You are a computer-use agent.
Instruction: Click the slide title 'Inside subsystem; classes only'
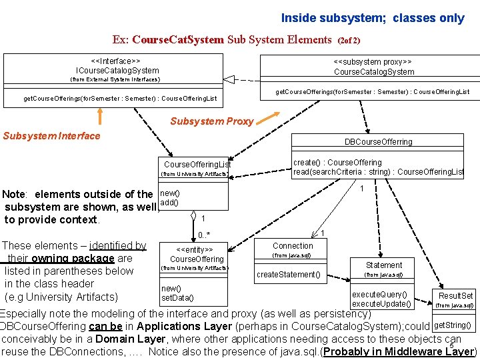pos(372,18)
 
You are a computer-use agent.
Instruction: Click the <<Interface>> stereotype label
pos(117,60)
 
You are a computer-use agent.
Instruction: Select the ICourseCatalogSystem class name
pos(117,70)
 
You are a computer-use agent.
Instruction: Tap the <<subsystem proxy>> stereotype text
pos(373,61)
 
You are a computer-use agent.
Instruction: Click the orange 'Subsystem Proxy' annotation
pos(211,121)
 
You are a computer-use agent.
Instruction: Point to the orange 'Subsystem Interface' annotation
pos(51,136)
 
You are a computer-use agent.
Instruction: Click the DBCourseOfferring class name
pos(378,141)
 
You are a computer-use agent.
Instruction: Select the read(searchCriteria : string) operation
pos(379,172)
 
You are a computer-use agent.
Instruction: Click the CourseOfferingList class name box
pos(197,165)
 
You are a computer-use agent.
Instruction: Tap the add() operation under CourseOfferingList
pos(169,202)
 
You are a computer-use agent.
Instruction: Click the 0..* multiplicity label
pos(204,235)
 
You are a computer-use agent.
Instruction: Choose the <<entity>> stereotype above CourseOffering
pos(197,249)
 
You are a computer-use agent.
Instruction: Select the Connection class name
pos(293,245)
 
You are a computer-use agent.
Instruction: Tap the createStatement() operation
pos(289,275)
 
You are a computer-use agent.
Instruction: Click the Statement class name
pos(384,265)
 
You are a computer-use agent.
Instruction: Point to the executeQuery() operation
pos(379,295)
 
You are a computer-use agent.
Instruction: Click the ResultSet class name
pos(455,295)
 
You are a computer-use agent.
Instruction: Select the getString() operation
pos(453,326)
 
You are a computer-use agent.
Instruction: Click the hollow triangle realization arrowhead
pos(229,79)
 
